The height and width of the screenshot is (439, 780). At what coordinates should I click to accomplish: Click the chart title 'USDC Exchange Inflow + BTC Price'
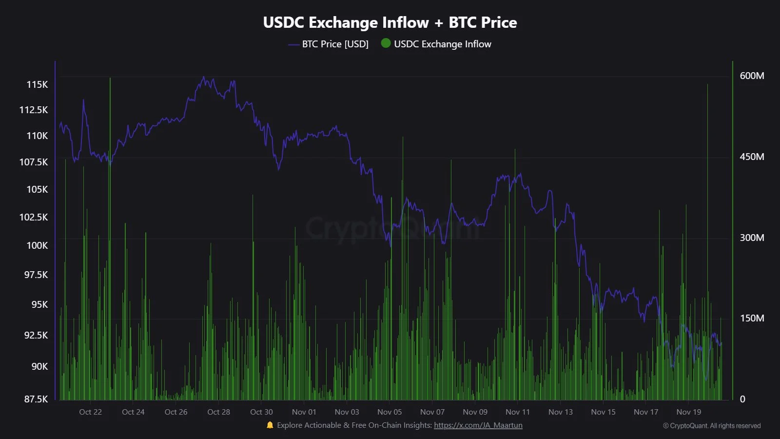pyautogui.click(x=390, y=22)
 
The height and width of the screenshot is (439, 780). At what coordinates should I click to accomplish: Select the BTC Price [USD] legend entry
pyautogui.click(x=329, y=44)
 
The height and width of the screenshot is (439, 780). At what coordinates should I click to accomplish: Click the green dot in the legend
pyautogui.click(x=386, y=43)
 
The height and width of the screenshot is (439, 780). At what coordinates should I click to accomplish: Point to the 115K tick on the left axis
pyautogui.click(x=37, y=84)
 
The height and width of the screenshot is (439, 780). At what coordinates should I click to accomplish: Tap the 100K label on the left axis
pyautogui.click(x=37, y=245)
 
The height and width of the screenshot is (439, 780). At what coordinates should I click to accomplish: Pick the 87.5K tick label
pyautogui.click(x=36, y=399)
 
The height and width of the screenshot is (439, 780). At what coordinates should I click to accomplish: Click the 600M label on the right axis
pyautogui.click(x=752, y=76)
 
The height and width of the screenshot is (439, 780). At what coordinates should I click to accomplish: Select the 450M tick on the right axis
pyautogui.click(x=752, y=157)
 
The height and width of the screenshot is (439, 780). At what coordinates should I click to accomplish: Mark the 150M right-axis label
pyautogui.click(x=752, y=318)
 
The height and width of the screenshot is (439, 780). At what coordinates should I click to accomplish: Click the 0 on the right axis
pyautogui.click(x=742, y=399)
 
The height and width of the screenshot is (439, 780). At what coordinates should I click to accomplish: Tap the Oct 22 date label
pyautogui.click(x=91, y=412)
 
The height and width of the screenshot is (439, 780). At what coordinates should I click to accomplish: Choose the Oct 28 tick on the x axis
pyautogui.click(x=218, y=412)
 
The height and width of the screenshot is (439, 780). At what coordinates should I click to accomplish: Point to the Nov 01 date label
pyautogui.click(x=304, y=412)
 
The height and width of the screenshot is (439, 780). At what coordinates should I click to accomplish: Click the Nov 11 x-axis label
pyautogui.click(x=518, y=412)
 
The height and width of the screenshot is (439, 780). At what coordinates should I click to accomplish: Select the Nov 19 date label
pyautogui.click(x=688, y=412)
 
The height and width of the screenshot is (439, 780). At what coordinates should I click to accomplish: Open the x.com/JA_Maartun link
pyautogui.click(x=478, y=425)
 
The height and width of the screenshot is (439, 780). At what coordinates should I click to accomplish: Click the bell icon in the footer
pyautogui.click(x=270, y=425)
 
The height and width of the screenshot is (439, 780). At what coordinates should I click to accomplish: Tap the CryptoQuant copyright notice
pyautogui.click(x=712, y=426)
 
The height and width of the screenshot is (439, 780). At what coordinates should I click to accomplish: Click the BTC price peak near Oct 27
pyautogui.click(x=204, y=77)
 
